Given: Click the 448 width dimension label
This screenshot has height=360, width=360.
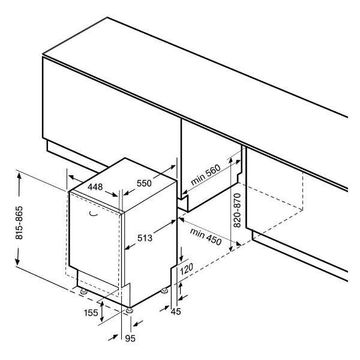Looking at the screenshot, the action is click(95, 187).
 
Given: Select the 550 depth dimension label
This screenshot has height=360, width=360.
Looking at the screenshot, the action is click(144, 183).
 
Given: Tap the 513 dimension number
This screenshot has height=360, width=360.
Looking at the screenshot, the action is click(145, 238).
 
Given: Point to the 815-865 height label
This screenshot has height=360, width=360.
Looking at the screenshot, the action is click(19, 223).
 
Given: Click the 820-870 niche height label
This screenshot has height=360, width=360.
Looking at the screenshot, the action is click(237, 211).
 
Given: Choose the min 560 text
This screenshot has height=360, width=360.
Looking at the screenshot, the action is click(206, 175).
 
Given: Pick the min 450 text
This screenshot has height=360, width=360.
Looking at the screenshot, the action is click(206, 237).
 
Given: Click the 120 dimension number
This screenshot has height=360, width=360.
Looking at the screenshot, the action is click(186, 269).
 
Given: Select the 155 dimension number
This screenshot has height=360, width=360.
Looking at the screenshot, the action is click(91, 313).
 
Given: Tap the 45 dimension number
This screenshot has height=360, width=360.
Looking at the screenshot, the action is click(176, 311).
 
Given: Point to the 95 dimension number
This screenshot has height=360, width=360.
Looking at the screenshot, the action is click(130, 338).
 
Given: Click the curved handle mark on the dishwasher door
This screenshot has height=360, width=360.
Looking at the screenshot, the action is click(93, 214).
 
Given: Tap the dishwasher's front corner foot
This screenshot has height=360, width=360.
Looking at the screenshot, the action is click(130, 310).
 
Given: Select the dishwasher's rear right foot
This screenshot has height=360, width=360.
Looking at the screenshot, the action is click(164, 291).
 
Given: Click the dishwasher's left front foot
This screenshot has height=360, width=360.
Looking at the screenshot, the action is click(83, 292).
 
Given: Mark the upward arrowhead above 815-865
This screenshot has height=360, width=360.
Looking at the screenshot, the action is click(19, 176).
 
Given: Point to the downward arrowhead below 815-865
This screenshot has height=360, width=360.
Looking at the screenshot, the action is click(17, 262).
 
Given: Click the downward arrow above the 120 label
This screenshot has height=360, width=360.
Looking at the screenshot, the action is click(181, 254).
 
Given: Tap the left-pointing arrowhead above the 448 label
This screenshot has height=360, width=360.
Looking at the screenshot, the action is click(71, 177).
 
